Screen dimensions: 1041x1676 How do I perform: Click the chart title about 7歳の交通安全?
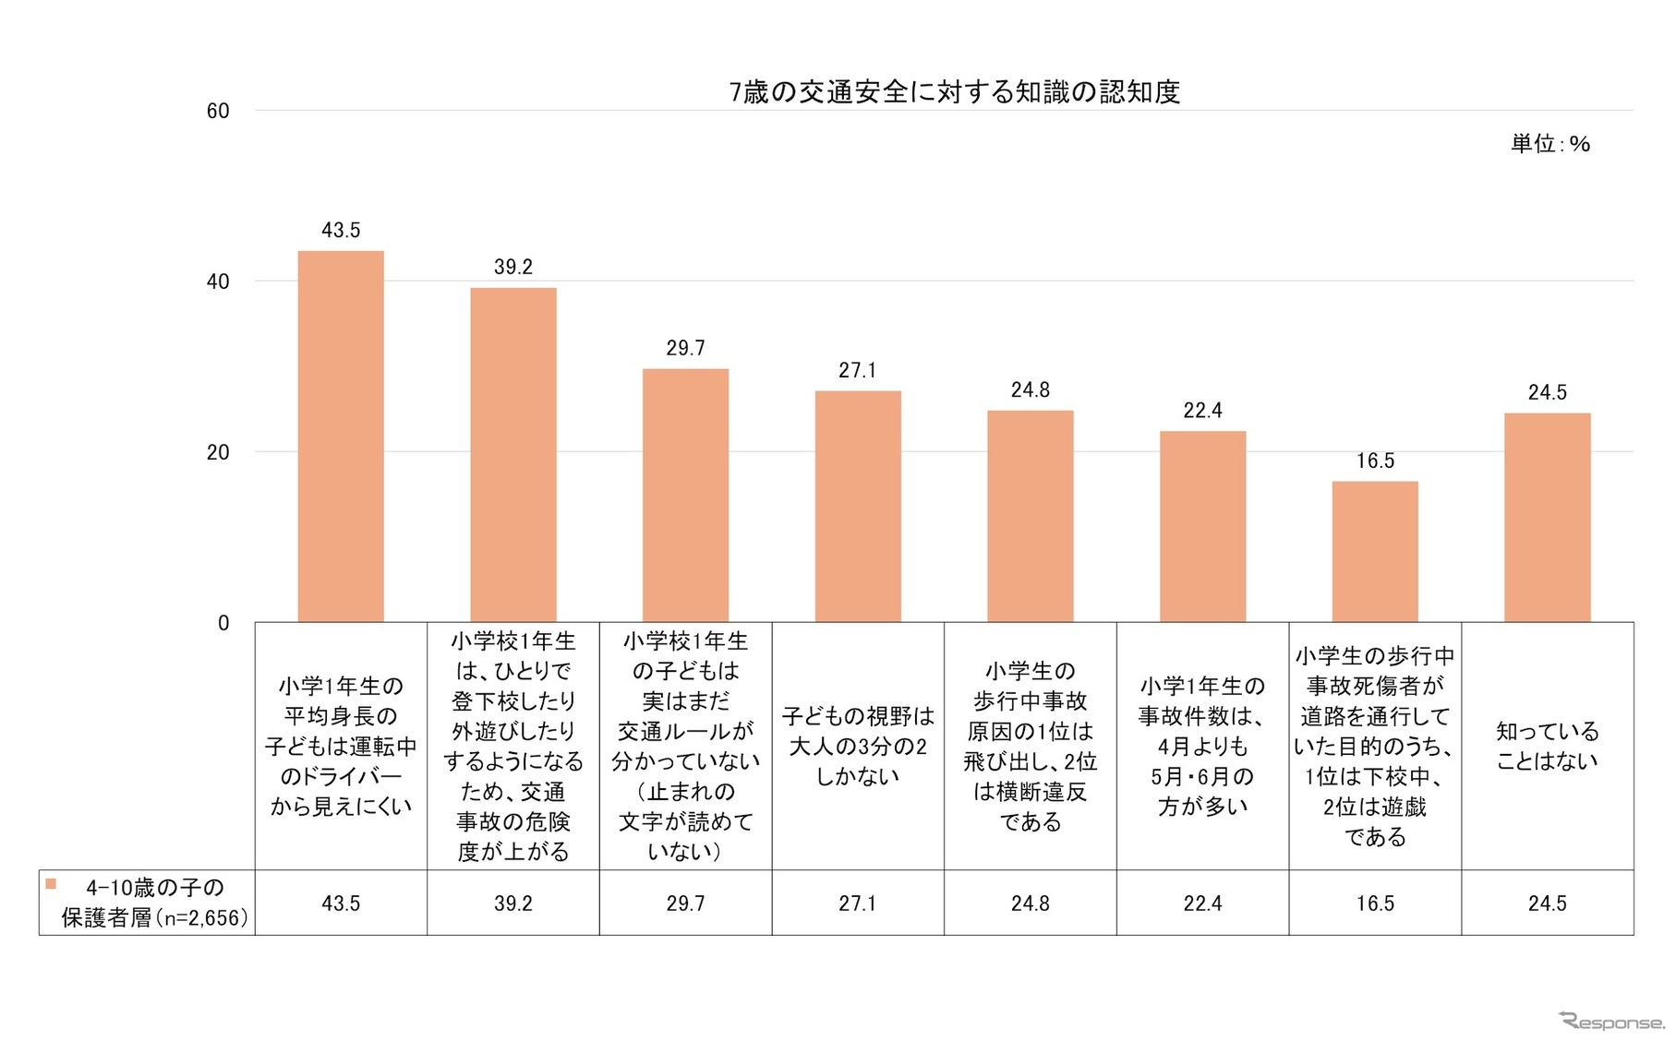pyautogui.click(x=954, y=92)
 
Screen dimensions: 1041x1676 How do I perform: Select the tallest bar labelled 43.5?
pyautogui.click(x=341, y=437)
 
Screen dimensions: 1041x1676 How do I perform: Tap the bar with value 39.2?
pyautogui.click(x=513, y=455)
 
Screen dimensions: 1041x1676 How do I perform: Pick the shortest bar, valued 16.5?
pyautogui.click(x=1374, y=552)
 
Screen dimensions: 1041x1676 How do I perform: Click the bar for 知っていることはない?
pyautogui.click(x=1547, y=518)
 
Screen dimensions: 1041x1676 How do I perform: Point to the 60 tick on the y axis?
pyautogui.click(x=218, y=112)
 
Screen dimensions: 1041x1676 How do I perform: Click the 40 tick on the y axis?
pyautogui.click(x=218, y=281)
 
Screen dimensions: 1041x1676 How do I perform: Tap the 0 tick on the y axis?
pyautogui.click(x=223, y=623)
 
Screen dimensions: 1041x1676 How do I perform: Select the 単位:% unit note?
pyautogui.click(x=1549, y=144)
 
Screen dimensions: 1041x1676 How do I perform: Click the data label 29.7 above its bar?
pyautogui.click(x=685, y=348)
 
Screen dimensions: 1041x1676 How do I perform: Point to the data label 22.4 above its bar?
pyautogui.click(x=1202, y=411)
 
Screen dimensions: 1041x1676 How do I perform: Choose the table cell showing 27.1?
pyautogui.click(x=857, y=903)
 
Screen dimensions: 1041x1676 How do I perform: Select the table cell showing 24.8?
pyautogui.click(x=1030, y=903)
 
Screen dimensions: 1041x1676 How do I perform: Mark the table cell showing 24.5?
pyautogui.click(x=1547, y=903)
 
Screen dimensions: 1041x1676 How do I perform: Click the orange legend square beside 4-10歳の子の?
pyautogui.click(x=51, y=884)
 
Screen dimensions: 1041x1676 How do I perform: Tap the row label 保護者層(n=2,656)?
pyautogui.click(x=154, y=917)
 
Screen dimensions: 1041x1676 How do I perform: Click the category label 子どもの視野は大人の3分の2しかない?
pyautogui.click(x=857, y=746)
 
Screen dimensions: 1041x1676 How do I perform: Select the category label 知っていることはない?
pyautogui.click(x=1547, y=746)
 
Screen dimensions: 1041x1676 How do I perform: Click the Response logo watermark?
pyautogui.click(x=1610, y=1021)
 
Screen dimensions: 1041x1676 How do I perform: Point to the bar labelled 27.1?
pyautogui.click(x=857, y=507)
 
